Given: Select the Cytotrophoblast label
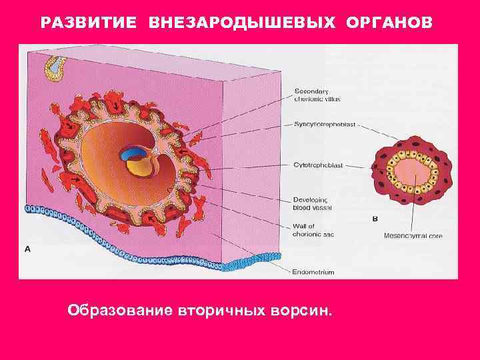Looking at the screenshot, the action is (317, 165).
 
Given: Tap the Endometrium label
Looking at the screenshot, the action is (313, 272).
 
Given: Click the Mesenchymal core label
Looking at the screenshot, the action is (413, 236).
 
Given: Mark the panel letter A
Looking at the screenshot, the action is (28, 249).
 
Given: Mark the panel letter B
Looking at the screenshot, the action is (375, 219).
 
